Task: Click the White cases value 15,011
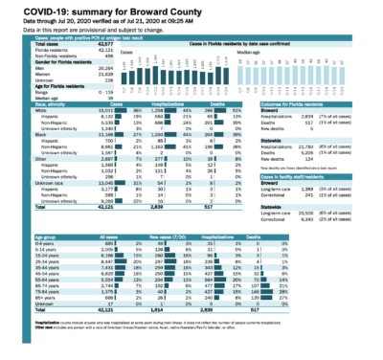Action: coord(88,113)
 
